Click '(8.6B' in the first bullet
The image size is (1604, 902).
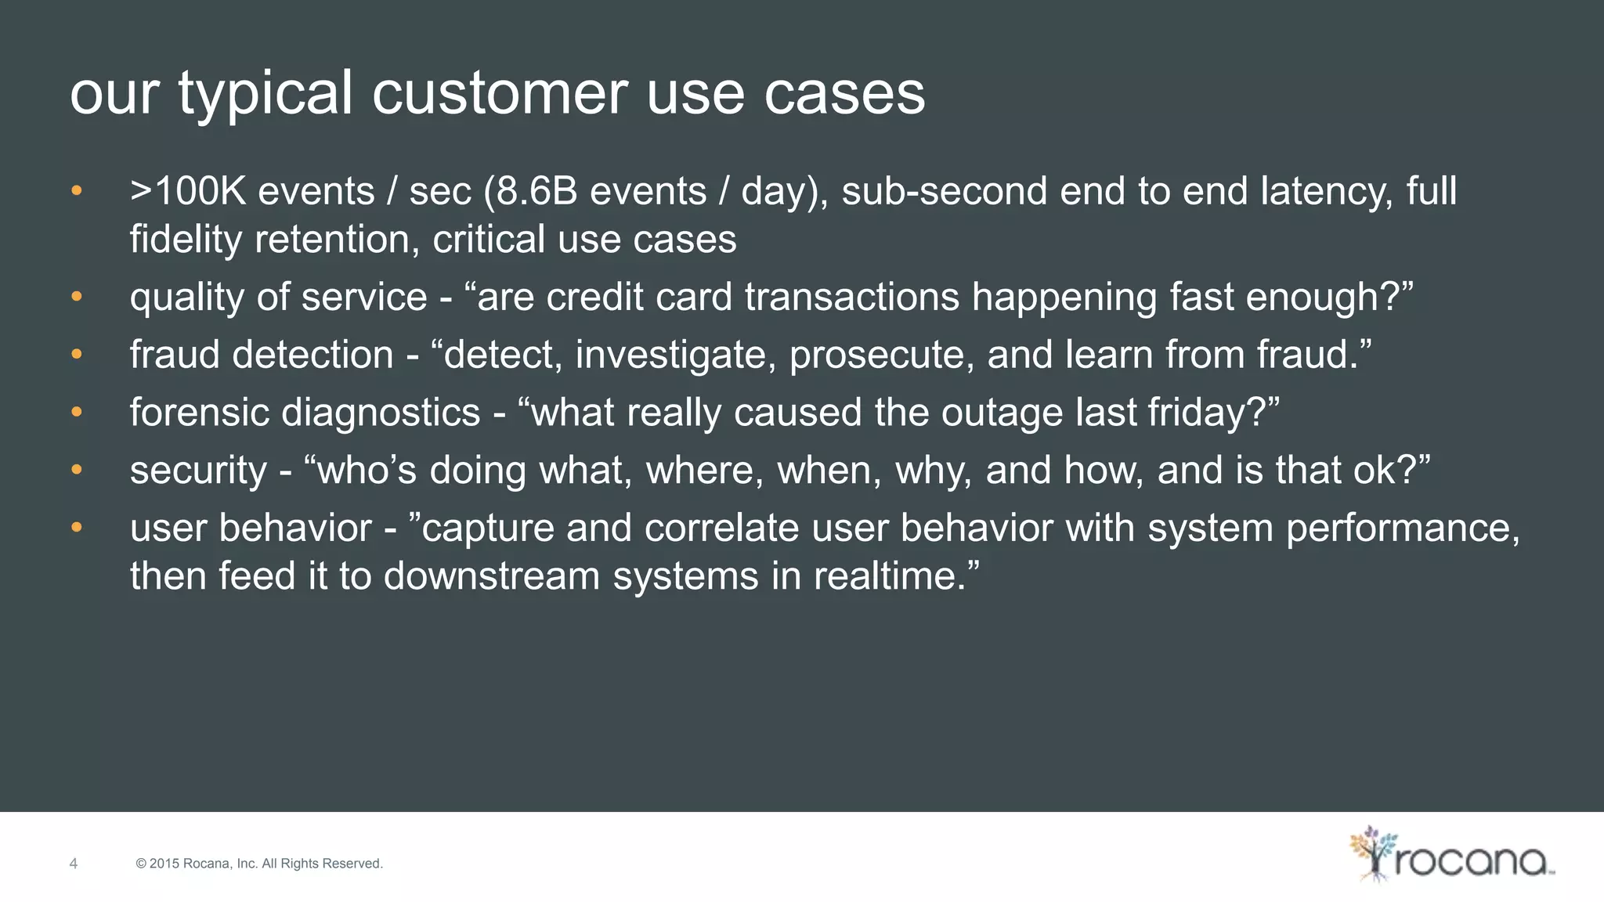529,193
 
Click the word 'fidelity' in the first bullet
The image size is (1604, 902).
186,240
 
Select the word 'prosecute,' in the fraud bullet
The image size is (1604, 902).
882,355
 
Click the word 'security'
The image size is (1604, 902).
198,471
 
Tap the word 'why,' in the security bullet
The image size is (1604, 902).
934,471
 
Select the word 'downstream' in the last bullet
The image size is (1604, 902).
492,576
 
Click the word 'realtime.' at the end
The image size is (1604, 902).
896,576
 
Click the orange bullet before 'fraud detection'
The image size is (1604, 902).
76,355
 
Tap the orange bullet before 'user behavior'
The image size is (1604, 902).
76,528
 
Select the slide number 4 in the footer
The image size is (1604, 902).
74,864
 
